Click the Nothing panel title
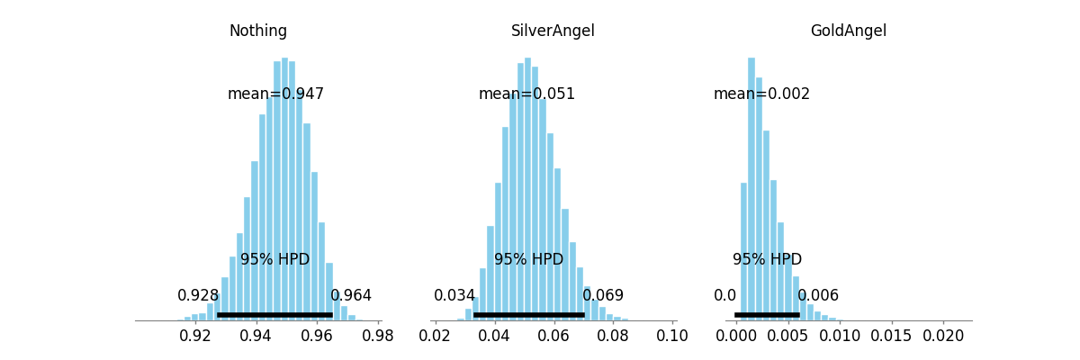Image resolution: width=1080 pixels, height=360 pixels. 258,31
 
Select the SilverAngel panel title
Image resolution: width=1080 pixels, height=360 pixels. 553,31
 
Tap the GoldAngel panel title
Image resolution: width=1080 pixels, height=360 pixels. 848,31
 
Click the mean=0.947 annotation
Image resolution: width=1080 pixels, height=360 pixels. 275,94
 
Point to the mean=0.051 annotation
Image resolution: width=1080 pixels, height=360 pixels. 526,94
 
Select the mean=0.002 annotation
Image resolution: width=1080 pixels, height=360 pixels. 761,94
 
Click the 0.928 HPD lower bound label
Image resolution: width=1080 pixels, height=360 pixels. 198,295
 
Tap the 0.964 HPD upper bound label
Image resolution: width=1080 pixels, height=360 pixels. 351,295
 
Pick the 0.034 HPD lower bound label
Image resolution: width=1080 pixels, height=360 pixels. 454,295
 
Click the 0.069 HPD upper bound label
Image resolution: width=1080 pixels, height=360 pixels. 603,295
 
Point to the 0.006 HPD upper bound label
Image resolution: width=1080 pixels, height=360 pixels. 818,295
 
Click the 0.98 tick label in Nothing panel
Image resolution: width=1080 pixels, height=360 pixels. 377,336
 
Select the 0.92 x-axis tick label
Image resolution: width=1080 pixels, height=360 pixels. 194,336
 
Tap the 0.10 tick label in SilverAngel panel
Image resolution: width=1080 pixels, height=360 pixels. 672,336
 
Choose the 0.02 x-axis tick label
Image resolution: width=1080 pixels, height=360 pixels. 435,336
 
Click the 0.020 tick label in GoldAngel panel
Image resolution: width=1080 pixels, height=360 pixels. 943,336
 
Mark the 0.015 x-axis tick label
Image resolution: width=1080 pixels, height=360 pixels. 891,336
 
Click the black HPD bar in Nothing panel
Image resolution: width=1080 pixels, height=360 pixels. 274,315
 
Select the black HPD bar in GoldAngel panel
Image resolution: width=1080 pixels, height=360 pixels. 767,315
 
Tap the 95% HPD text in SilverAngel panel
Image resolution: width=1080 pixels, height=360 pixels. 528,259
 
